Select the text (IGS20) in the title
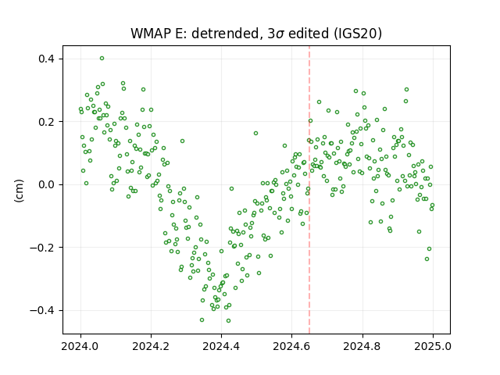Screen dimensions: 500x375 tap(358, 34)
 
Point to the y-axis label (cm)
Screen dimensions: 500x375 tap(19, 191)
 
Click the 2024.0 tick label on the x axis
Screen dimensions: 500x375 tap(80, 346)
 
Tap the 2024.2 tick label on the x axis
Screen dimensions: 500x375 tap(151, 346)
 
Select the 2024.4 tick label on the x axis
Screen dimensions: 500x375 tap(221, 346)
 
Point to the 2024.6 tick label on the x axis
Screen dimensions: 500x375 tap(291, 346)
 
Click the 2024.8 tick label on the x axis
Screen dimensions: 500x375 tap(362, 346)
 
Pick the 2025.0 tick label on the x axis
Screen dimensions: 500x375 tap(433, 346)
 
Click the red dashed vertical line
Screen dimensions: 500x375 tap(309, 190)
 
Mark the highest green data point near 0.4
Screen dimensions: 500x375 tap(102, 59)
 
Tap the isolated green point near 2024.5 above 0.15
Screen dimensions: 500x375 tap(255, 134)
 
